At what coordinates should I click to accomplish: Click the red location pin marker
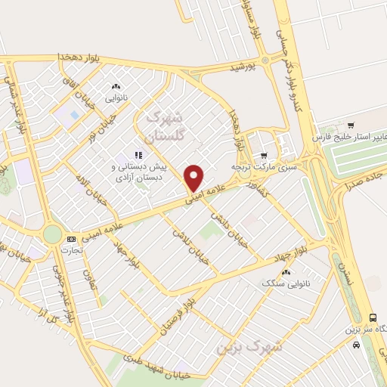pyautogui.click(x=195, y=178)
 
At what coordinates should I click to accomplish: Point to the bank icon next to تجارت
pyautogui.click(x=71, y=239)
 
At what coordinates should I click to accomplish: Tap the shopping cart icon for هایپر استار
pyautogui.click(x=351, y=125)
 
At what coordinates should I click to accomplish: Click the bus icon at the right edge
pyautogui.click(x=372, y=319)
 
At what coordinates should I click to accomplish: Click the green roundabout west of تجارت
pyautogui.click(x=51, y=234)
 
